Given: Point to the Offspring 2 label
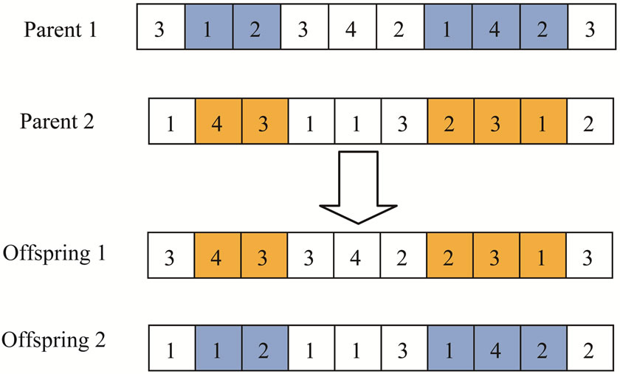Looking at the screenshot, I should coord(54,342).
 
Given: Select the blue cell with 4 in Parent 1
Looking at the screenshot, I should coord(495,30).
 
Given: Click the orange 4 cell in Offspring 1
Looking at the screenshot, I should coord(218,257).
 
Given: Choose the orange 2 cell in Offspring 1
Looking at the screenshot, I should coord(449,257).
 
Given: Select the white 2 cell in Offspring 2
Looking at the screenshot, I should coord(589,348).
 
